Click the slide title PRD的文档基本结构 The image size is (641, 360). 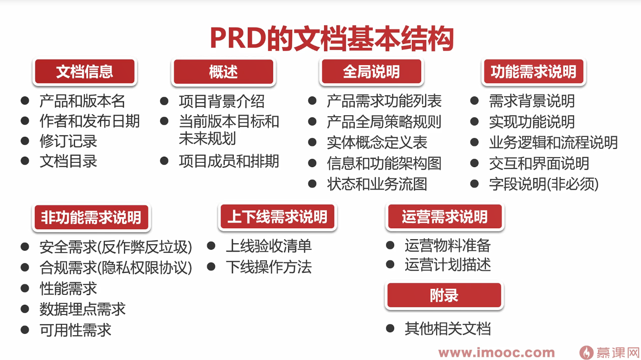[332, 39]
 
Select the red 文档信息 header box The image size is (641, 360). [85, 72]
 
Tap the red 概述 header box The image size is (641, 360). [223, 72]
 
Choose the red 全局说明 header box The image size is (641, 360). [371, 72]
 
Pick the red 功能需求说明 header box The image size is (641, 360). [534, 72]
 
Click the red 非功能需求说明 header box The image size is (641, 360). [91, 217]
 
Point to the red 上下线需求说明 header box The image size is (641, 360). [277, 216]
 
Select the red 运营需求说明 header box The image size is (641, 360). [445, 216]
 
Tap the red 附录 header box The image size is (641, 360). [444, 295]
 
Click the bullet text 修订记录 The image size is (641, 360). [68, 141]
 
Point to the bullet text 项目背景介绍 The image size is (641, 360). [222, 101]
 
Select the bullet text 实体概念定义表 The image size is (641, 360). [377, 143]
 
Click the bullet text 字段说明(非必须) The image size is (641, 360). [544, 184]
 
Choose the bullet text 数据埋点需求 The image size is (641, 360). [83, 309]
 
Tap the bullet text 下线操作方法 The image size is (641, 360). [269, 267]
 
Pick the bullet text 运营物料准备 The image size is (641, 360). [448, 245]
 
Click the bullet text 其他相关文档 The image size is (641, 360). [448, 328]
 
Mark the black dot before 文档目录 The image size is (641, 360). [25, 161]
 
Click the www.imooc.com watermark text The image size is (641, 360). [497, 353]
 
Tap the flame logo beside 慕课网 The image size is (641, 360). [586, 352]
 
